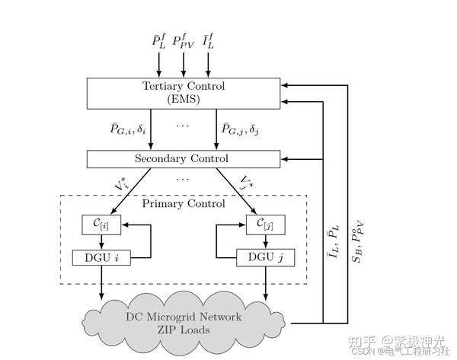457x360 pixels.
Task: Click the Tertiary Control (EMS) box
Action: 184,92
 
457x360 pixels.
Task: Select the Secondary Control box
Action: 184,159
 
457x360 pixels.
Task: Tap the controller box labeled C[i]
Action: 101,225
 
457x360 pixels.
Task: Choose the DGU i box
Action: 101,257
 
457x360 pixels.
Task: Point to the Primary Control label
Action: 184,204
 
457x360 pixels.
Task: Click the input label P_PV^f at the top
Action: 184,39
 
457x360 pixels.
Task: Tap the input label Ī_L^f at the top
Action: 209,39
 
